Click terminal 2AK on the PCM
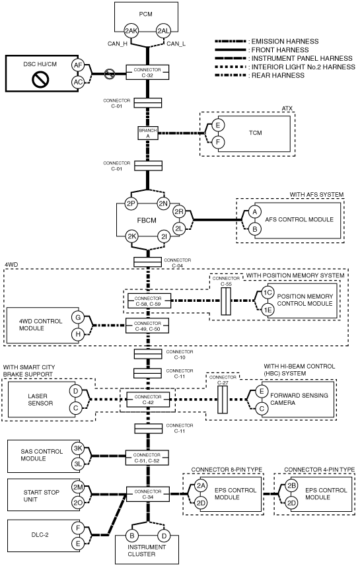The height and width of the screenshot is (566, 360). coord(131,31)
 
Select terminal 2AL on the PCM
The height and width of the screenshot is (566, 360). coord(163,31)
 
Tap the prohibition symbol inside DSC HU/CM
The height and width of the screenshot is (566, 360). coord(38,79)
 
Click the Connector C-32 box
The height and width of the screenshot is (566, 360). coord(147,73)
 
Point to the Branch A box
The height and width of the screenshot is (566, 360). coord(148,133)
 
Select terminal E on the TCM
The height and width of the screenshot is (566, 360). coord(218,125)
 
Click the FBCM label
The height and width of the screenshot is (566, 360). coord(146,220)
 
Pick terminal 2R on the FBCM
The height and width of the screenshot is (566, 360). coord(179,212)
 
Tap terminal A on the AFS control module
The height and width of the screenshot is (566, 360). coord(255,212)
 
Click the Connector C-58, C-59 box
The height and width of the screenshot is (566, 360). coord(148,301)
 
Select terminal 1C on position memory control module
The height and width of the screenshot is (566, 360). coord(268,293)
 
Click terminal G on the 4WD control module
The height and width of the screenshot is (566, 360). coord(78,317)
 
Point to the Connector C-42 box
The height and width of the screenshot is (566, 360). coord(148,400)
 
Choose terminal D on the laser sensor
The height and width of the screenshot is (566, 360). coord(75,391)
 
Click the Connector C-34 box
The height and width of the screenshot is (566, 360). coord(148,494)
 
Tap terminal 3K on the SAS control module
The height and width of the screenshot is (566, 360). coord(78,448)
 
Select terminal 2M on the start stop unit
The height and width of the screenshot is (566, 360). coord(78,487)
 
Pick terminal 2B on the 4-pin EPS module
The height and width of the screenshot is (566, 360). coord(292,486)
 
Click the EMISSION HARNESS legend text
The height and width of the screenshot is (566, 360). coord(285,42)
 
